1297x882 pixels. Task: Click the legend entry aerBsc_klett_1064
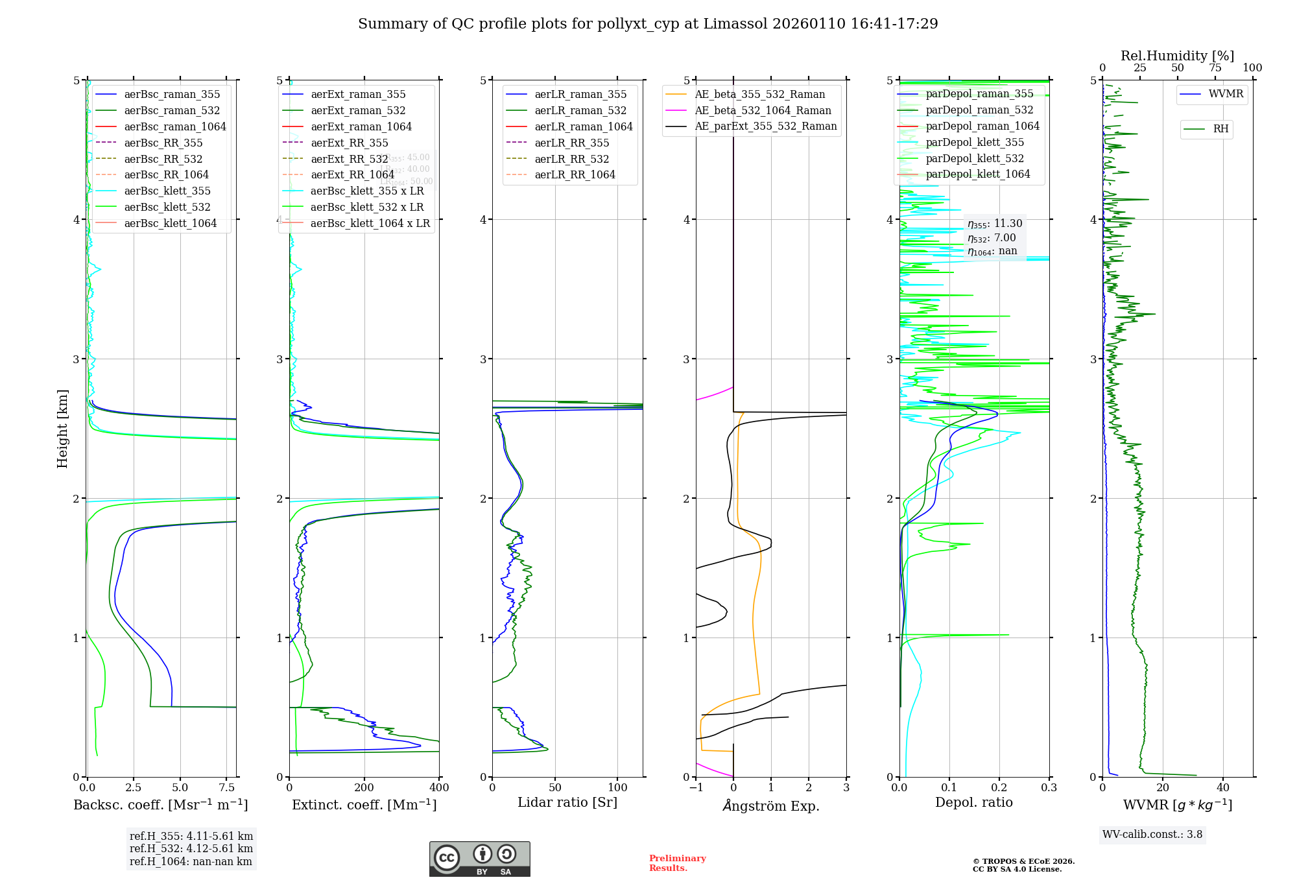coord(170,223)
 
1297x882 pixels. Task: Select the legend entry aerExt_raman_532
coord(358,110)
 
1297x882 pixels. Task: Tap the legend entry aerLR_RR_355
coord(571,143)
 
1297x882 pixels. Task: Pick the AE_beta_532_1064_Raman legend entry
coord(763,110)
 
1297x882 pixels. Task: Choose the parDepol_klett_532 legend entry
coord(974,158)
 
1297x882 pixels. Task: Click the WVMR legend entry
coord(1225,94)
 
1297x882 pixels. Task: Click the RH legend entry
coord(1220,129)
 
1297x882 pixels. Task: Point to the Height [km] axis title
coord(62,429)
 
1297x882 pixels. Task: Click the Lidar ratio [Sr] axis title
coord(567,802)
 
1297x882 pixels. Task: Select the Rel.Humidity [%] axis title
coord(1177,56)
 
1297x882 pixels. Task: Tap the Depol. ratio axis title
coord(973,802)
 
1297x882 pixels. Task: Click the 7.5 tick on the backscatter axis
coord(227,788)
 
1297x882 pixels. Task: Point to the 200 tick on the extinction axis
coord(364,788)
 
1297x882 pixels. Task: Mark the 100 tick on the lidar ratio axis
coord(618,788)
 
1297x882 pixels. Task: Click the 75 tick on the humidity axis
coord(1215,68)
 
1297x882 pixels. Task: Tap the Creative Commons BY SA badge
coord(479,859)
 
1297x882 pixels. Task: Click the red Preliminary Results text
coord(677,863)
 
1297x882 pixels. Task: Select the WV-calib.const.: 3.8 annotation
coord(1152,835)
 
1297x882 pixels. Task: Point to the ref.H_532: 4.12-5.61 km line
coord(191,849)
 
